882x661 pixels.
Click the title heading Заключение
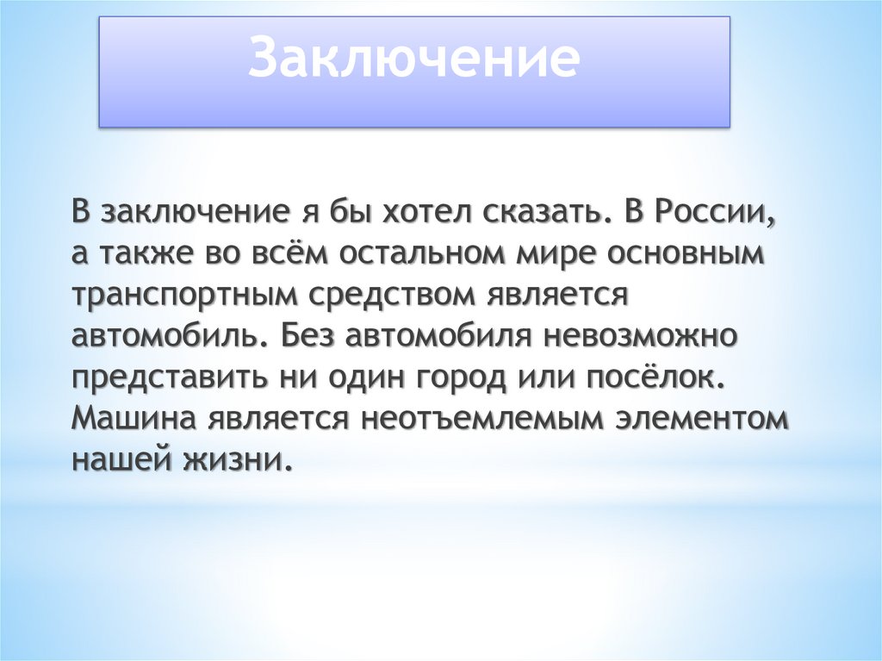point(414,59)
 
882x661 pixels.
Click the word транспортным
point(184,295)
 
